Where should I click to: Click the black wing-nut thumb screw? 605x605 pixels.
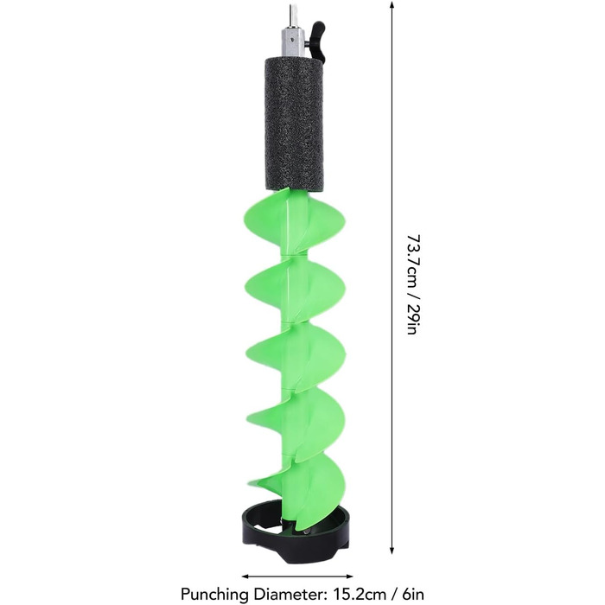(x=317, y=41)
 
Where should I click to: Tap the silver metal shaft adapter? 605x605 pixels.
(x=294, y=43)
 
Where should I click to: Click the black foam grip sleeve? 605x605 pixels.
(x=294, y=124)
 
